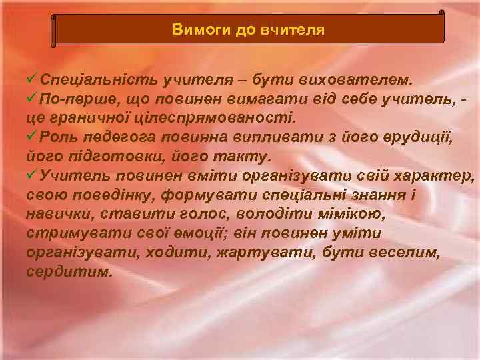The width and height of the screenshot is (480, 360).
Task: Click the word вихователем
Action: pyautogui.click(x=361, y=80)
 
